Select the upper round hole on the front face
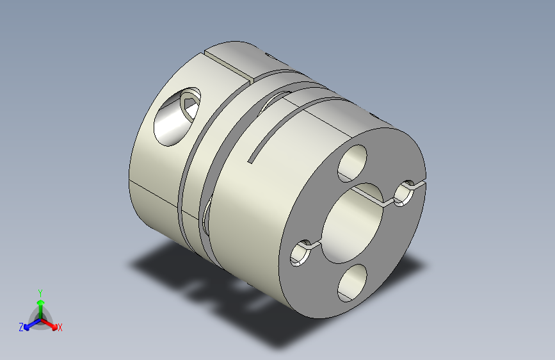tap(354, 162)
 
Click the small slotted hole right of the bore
tap(405, 193)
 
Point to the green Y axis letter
tap(40, 291)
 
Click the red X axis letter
tap(60, 328)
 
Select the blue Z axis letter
tap(21, 327)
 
